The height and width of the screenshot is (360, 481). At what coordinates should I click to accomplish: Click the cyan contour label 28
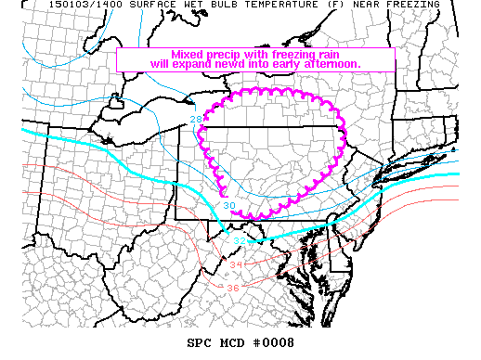point(196,120)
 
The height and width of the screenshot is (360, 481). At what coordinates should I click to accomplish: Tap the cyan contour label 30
point(228,205)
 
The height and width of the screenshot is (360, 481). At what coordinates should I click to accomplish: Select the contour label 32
point(239,241)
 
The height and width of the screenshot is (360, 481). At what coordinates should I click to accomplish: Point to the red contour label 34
point(235,265)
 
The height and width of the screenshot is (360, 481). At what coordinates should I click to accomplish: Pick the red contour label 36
point(232,287)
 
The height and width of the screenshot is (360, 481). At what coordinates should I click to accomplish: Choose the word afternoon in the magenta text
point(331,63)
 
